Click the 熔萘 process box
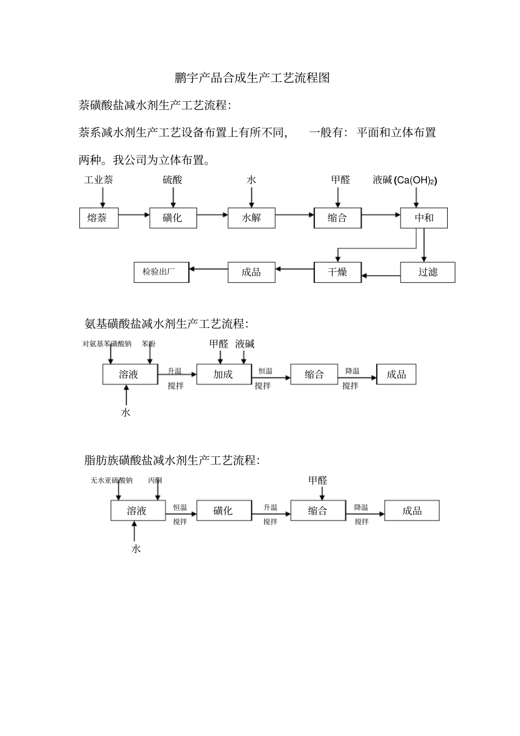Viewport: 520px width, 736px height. (99, 218)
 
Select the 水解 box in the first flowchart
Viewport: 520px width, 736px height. (251, 218)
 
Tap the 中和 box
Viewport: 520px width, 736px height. (424, 218)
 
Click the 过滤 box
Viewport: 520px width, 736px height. (427, 272)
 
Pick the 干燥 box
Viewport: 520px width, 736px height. (337, 272)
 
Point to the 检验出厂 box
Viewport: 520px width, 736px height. (161, 272)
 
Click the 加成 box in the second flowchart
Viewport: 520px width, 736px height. (223, 374)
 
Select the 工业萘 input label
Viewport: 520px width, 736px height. (99, 180)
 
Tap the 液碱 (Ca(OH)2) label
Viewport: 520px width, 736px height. (405, 180)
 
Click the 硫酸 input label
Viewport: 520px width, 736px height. (172, 180)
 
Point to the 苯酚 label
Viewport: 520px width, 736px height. (149, 344)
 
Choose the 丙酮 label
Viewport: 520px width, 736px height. (155, 480)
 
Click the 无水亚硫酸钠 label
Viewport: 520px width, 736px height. (112, 480)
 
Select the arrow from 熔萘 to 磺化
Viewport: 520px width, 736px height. (134, 215)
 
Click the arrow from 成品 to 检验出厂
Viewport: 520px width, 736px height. (208, 269)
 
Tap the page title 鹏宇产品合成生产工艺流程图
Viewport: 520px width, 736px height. (252, 78)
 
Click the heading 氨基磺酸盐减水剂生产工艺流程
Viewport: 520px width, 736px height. (166, 323)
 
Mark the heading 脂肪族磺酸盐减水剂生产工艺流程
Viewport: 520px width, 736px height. (172, 460)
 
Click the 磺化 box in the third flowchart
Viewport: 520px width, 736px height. (223, 511)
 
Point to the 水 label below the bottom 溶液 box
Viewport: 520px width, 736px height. (136, 548)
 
